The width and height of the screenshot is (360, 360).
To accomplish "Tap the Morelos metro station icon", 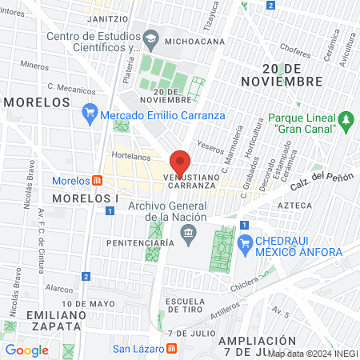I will pyautogui.click(x=97, y=180).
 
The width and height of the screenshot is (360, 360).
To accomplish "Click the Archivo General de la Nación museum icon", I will pyautogui.click(x=189, y=234).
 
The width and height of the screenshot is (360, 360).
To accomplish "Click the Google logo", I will pyautogui.click(x=27, y=350).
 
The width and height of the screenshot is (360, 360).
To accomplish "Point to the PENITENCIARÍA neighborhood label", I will pyautogui.click(x=139, y=242).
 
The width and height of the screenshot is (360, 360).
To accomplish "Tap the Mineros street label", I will pyautogui.click(x=34, y=65).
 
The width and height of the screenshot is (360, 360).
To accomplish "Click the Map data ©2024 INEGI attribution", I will pyautogui.click(x=313, y=353).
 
